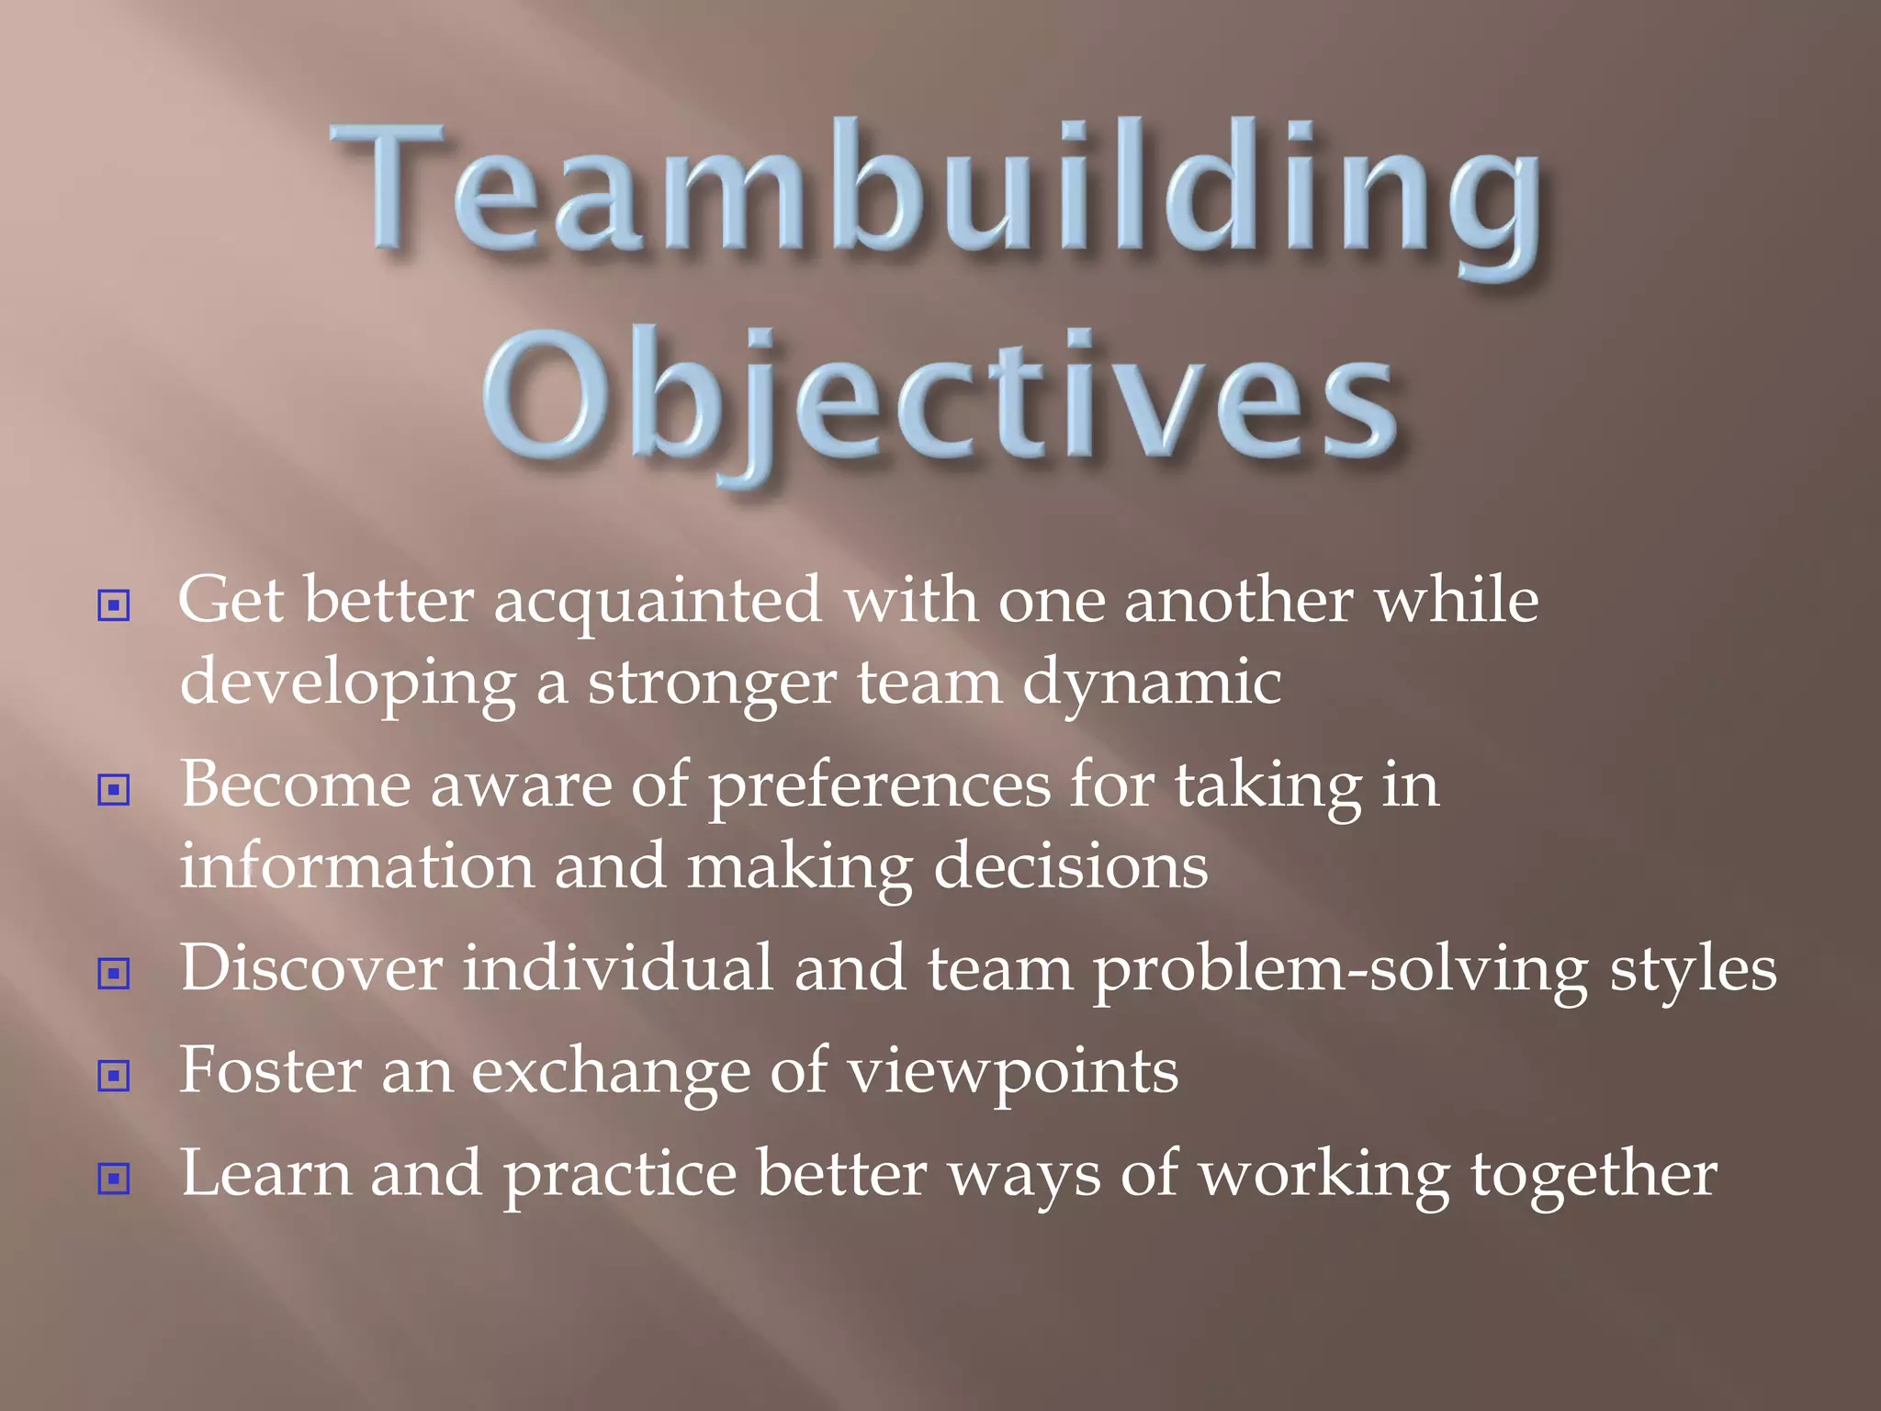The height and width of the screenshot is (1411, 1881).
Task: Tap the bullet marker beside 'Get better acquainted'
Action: point(113,605)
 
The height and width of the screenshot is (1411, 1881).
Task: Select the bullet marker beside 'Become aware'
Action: point(113,789)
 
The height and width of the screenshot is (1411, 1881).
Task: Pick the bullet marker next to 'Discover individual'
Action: point(113,973)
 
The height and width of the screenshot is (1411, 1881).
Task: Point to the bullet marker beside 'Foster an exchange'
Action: point(113,1075)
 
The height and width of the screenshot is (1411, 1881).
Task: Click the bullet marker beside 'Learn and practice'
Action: point(113,1178)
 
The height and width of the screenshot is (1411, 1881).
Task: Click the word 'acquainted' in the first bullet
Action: point(658,602)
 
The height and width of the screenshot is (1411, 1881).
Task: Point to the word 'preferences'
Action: point(880,787)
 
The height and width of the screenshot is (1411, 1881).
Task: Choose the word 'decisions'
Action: point(1070,867)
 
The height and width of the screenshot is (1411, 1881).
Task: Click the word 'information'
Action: point(356,867)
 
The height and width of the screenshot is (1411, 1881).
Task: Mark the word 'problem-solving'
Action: point(1340,972)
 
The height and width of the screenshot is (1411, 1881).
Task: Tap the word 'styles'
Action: point(1693,972)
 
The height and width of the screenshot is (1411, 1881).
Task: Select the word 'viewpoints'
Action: point(1012,1073)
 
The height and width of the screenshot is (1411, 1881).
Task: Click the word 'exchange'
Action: point(611,1073)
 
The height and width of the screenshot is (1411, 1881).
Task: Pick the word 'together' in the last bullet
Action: point(1594,1176)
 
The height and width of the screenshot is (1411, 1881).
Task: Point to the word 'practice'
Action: point(621,1176)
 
